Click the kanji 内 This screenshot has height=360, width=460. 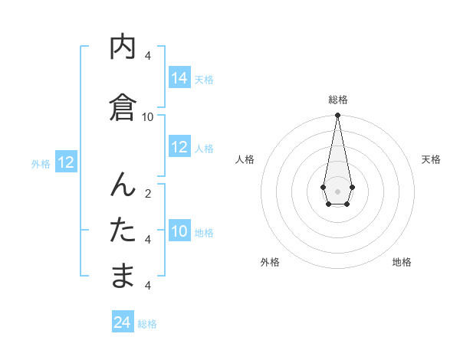tap(123, 47)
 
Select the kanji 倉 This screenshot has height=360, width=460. tap(123, 107)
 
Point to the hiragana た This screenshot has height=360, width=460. tap(123, 230)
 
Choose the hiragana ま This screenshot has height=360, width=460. tap(123, 276)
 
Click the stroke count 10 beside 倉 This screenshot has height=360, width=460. tap(148, 116)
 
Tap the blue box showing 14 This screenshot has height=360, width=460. tap(179, 78)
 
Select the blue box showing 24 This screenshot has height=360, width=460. tap(123, 322)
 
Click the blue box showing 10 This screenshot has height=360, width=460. tap(179, 231)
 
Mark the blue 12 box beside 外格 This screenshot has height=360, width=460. tap(66, 162)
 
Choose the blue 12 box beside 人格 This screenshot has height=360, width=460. tap(179, 147)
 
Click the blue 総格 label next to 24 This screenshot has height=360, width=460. tap(147, 324)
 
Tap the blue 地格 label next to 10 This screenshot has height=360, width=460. tap(205, 233)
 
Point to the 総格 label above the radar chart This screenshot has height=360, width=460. tap(337, 100)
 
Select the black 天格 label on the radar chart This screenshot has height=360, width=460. tap(431, 159)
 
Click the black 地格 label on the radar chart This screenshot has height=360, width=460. tap(402, 262)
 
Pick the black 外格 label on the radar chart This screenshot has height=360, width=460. tap(270, 262)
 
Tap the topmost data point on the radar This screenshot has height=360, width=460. tap(337, 116)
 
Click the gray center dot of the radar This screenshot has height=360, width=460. tap(337, 191)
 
